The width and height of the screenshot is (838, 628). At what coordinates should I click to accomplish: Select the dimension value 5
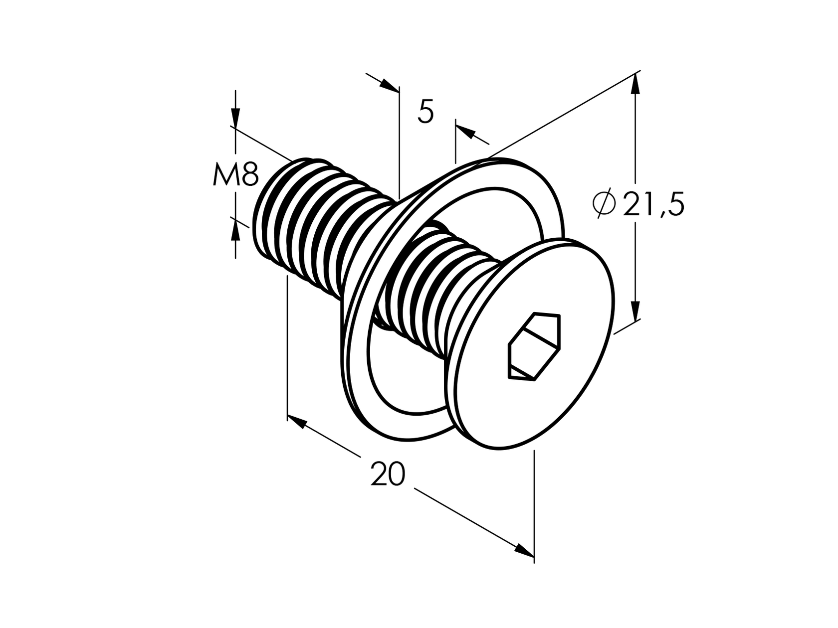coord(425,112)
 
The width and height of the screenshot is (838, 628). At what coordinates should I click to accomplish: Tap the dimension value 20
coord(388,474)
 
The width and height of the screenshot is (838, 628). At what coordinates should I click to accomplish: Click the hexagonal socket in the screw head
coord(533,347)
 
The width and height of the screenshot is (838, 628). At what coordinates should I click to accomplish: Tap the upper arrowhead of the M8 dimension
coord(235,117)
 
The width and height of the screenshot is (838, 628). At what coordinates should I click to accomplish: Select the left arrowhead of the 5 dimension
coord(389,85)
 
